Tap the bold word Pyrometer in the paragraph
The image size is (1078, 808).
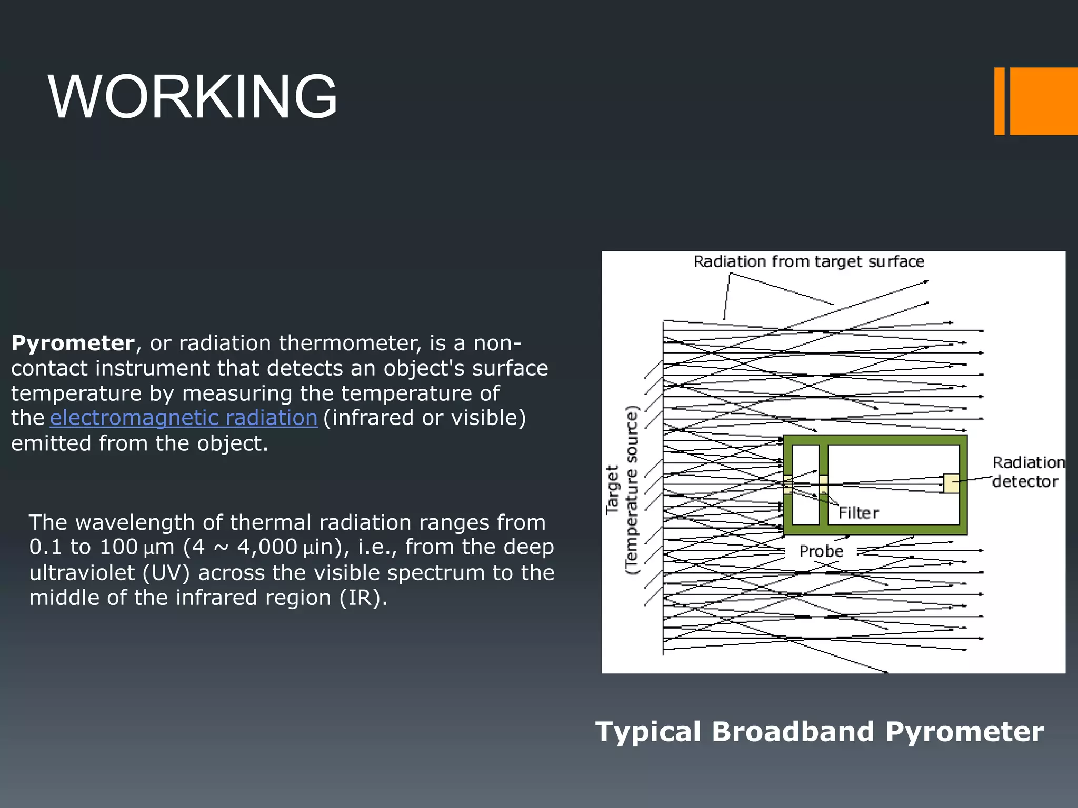pyautogui.click(x=73, y=344)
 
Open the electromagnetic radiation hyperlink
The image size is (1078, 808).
pyautogui.click(x=184, y=418)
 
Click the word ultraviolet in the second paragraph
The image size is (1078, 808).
pyautogui.click(x=82, y=573)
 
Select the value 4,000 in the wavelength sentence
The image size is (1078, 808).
pyautogui.click(x=267, y=548)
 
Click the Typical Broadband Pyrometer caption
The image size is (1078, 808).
pyautogui.click(x=819, y=732)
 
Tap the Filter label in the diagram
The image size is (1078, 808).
pyautogui.click(x=858, y=513)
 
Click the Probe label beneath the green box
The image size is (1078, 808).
pyautogui.click(x=821, y=551)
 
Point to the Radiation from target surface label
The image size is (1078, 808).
pyautogui.click(x=808, y=261)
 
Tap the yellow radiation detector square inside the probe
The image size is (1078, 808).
pyautogui.click(x=951, y=483)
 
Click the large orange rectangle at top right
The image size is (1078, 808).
pyautogui.click(x=1043, y=101)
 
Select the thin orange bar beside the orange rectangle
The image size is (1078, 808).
pyautogui.click(x=999, y=101)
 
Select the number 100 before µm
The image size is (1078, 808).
pyautogui.click(x=118, y=548)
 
